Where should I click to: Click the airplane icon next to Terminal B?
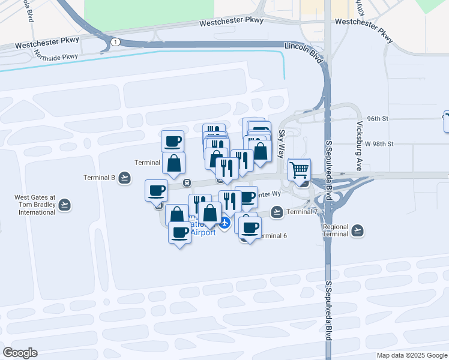coord(124,177)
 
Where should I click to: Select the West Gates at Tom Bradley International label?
coord(35,205)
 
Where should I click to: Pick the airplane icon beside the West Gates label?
coord(65,205)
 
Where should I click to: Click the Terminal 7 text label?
coord(303,212)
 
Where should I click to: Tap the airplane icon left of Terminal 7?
coord(277,212)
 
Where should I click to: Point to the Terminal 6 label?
coord(272,236)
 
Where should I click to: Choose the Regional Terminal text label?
coord(335,230)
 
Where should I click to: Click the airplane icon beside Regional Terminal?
coord(358,230)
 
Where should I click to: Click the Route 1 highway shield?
coord(115,41)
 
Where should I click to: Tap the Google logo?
coord(20,352)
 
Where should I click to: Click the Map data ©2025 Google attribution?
coord(412,355)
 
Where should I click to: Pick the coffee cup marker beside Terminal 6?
coord(250,227)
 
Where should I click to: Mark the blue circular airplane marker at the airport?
coord(224,223)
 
